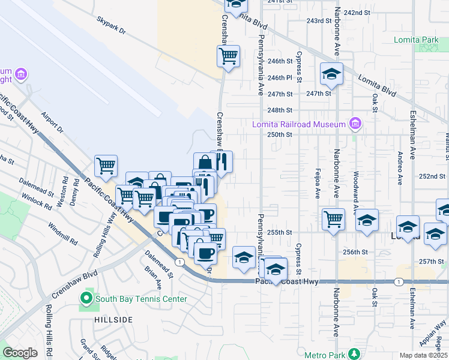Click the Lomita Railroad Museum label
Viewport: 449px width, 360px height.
point(298,124)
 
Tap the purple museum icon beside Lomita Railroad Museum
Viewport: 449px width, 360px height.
point(355,124)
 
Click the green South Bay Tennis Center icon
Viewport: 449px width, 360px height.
point(86,298)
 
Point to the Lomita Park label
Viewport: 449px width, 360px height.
point(417,40)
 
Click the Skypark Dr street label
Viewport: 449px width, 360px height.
point(112,25)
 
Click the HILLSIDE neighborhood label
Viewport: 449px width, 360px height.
point(113,320)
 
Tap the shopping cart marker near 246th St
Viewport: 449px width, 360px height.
point(228,56)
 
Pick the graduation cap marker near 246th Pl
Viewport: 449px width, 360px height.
point(331,74)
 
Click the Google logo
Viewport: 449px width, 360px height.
point(20,353)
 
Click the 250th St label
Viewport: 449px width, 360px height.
point(280,134)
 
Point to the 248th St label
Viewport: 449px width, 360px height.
point(280,110)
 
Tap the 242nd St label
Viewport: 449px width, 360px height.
point(373,13)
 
